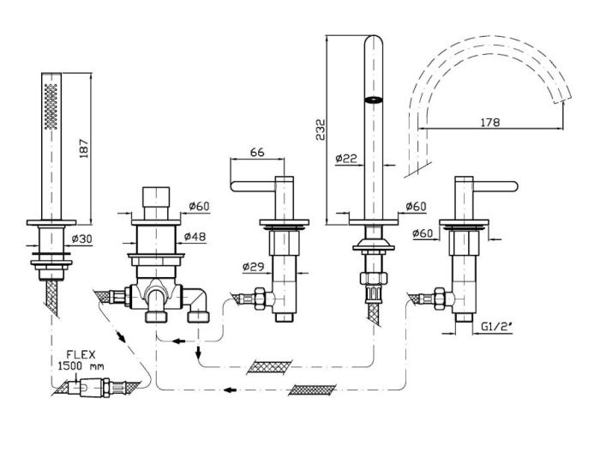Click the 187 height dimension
pyautogui.click(x=84, y=148)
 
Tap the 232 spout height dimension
pyautogui.click(x=320, y=129)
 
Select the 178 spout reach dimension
pyautogui.click(x=489, y=122)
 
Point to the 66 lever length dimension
pyautogui.click(x=257, y=152)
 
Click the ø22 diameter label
pyautogui.click(x=346, y=158)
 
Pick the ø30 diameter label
pyautogui.click(x=82, y=239)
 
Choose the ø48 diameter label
pyautogui.click(x=195, y=237)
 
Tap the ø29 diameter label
pyautogui.click(x=254, y=266)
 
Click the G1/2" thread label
pyautogui.click(x=497, y=326)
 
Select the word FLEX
pyautogui.click(x=81, y=354)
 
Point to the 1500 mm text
pyautogui.click(x=81, y=365)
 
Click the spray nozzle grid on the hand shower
pyautogui.click(x=51, y=106)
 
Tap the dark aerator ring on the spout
pyautogui.click(x=373, y=100)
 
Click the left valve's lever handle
pyautogui.click(x=254, y=186)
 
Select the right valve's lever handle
pyautogui.click(x=496, y=186)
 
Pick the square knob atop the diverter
pyautogui.click(x=156, y=196)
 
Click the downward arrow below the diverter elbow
pyautogui.click(x=198, y=352)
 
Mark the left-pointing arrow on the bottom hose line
pyautogui.click(x=230, y=390)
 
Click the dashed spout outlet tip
pyautogui.click(x=561, y=98)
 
